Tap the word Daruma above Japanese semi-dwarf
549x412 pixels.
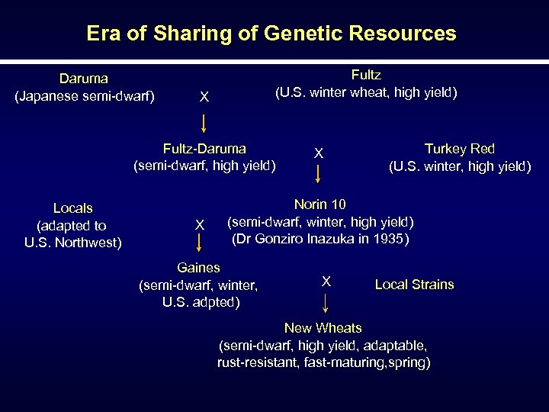[84, 79]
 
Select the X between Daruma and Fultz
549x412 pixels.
[204, 98]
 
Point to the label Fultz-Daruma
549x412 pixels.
[204, 149]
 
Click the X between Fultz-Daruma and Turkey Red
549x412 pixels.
[319, 153]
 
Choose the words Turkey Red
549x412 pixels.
[459, 149]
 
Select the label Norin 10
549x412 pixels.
[320, 204]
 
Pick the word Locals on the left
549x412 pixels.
[73, 208]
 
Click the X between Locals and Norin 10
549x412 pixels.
[199, 224]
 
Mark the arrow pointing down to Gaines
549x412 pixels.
[199, 243]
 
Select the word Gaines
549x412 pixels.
[198, 268]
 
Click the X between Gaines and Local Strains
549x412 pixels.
[326, 282]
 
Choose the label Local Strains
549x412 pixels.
[414, 285]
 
